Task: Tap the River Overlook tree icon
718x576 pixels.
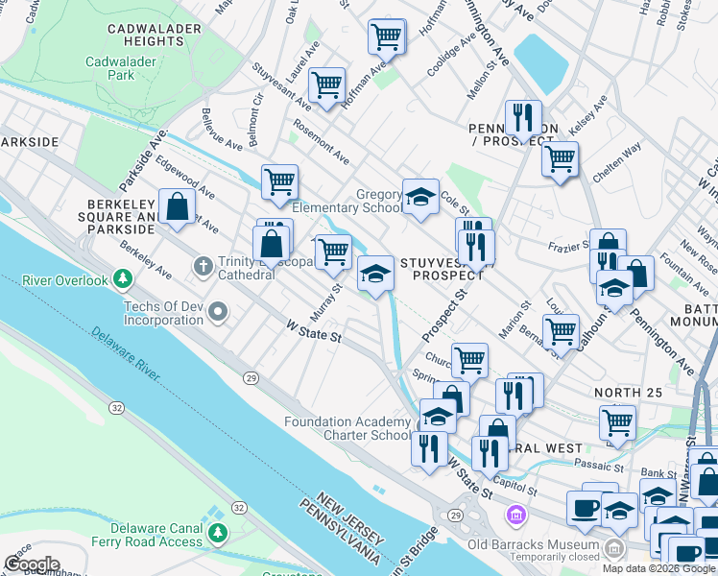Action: point(122,279)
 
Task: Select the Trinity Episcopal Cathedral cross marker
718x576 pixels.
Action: point(203,265)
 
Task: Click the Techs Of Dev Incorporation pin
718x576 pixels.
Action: point(219,311)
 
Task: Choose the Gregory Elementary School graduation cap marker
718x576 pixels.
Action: point(419,197)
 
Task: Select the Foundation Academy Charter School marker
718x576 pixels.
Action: point(437,417)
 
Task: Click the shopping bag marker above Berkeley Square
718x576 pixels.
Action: point(178,205)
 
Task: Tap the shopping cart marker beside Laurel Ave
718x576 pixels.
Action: point(327,84)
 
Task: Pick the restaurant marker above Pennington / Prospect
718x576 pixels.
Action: point(522,117)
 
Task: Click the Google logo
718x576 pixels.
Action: point(31,564)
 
